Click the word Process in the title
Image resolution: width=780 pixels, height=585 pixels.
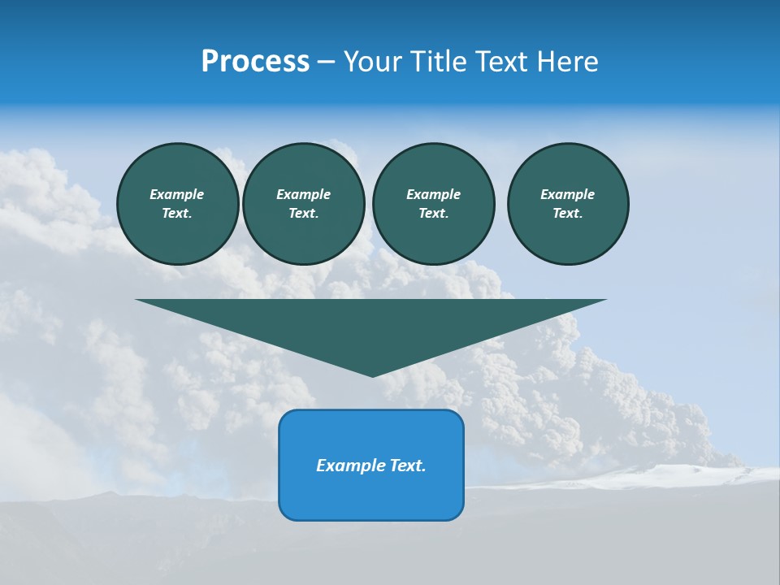pyautogui.click(x=255, y=62)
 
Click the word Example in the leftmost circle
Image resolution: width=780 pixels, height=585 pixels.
pyautogui.click(x=177, y=194)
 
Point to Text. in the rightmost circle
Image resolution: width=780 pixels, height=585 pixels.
pyautogui.click(x=568, y=213)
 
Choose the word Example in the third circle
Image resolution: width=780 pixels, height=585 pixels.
pyautogui.click(x=434, y=194)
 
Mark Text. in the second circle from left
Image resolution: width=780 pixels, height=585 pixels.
pyautogui.click(x=304, y=213)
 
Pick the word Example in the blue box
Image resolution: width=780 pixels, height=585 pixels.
pyautogui.click(x=346, y=466)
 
